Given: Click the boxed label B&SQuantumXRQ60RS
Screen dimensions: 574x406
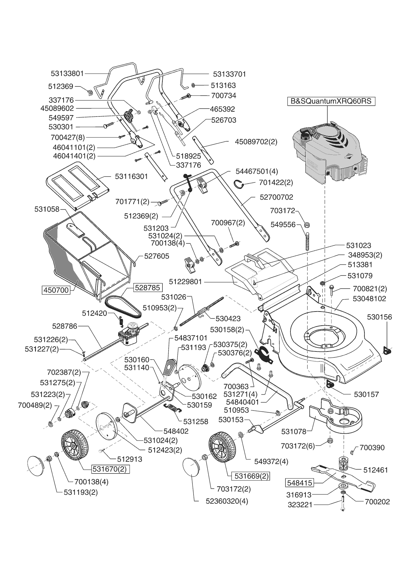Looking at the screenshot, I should [x=331, y=101].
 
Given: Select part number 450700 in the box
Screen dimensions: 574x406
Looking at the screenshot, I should [x=56, y=290].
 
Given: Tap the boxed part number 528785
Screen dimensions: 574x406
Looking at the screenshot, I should [x=148, y=288].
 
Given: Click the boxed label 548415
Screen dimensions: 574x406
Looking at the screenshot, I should [x=300, y=482].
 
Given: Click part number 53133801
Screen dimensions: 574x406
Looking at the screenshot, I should [x=67, y=74].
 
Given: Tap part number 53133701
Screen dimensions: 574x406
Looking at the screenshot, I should [x=229, y=74].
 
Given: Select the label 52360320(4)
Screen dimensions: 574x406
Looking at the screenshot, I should [x=227, y=501].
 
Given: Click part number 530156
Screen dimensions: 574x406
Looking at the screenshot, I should [x=379, y=317].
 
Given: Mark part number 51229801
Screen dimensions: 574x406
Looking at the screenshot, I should [x=186, y=282].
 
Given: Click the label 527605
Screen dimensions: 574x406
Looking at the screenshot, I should [x=157, y=256].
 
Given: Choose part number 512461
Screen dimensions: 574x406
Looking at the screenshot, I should [x=376, y=470].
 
